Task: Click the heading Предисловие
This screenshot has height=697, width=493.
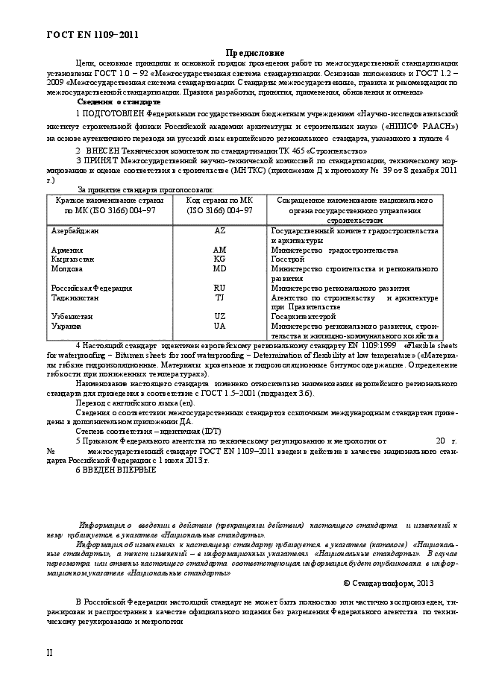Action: click(x=254, y=54)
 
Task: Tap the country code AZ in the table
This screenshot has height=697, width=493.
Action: click(x=219, y=232)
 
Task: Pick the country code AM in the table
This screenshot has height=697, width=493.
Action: click(x=219, y=250)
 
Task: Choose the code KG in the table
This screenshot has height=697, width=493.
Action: click(x=219, y=259)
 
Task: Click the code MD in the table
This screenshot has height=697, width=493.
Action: click(x=219, y=268)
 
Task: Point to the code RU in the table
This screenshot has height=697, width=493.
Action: click(x=219, y=288)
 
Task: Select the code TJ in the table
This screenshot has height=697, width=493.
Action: click(x=219, y=297)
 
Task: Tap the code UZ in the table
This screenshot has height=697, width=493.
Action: click(x=219, y=316)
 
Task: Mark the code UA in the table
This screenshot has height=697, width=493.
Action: click(x=219, y=326)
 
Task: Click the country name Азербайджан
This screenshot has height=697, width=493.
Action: click(x=74, y=232)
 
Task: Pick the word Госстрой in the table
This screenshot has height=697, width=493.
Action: click(x=287, y=259)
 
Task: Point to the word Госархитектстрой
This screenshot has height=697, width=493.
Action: click(x=303, y=316)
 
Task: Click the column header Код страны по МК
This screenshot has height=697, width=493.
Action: click(x=219, y=201)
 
